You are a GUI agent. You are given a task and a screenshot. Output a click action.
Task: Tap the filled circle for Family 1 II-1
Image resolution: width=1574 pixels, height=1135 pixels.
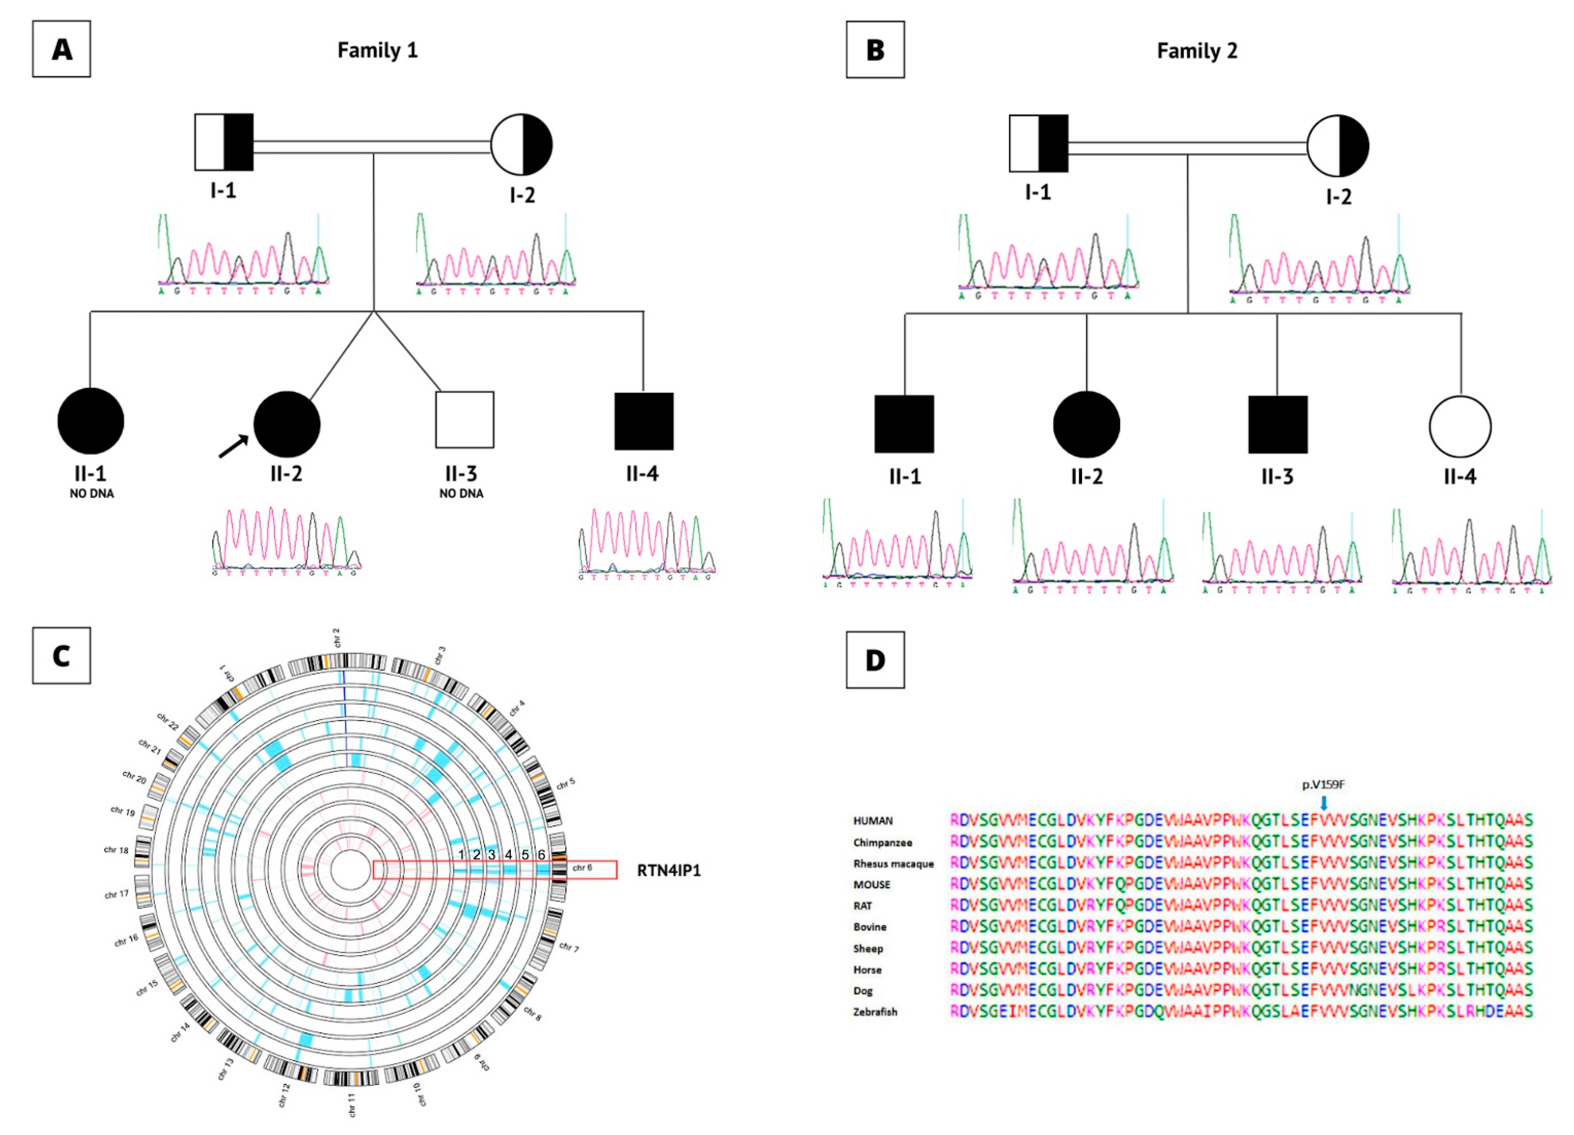point(90,421)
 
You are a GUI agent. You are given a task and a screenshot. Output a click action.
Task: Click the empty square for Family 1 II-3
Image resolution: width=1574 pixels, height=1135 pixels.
point(464,420)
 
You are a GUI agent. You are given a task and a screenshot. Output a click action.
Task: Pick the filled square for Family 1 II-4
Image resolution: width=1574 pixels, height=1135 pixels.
point(643,421)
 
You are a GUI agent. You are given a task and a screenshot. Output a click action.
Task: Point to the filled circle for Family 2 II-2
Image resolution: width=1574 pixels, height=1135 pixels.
point(1086,424)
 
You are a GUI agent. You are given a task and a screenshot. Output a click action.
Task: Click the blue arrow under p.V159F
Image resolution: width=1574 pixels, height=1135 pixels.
point(1324,802)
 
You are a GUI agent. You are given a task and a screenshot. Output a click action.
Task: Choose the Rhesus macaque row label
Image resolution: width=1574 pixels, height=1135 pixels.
point(893,863)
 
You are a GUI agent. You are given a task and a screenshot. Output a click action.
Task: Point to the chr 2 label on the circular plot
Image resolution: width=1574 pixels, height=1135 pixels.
point(336,637)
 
